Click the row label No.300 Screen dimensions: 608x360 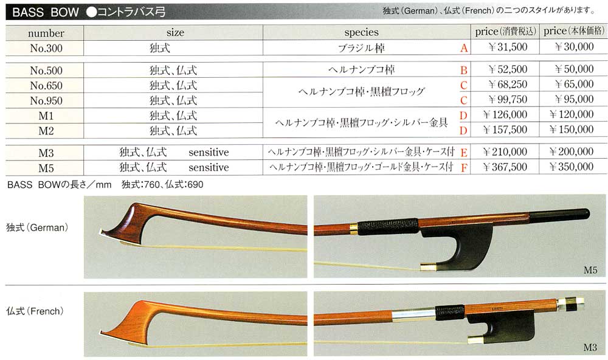(46, 48)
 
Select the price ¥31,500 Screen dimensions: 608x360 (508, 47)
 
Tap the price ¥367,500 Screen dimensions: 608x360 (505, 167)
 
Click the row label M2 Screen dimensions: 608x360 (46, 131)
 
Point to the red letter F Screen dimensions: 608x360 (464, 168)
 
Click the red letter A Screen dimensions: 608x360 (464, 48)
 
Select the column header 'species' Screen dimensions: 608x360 (361, 33)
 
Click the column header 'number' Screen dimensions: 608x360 (46, 33)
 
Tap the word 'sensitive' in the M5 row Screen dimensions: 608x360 (209, 168)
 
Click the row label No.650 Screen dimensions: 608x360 (46, 85)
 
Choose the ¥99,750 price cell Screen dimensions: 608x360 (508, 99)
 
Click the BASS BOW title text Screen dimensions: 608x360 (46, 12)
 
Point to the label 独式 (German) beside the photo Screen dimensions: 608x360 (37, 227)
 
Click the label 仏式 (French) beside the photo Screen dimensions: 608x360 (35, 311)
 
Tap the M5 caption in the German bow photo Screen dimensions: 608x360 (590, 271)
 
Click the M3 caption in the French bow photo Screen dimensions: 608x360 (590, 348)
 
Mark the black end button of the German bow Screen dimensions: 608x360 (559, 215)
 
